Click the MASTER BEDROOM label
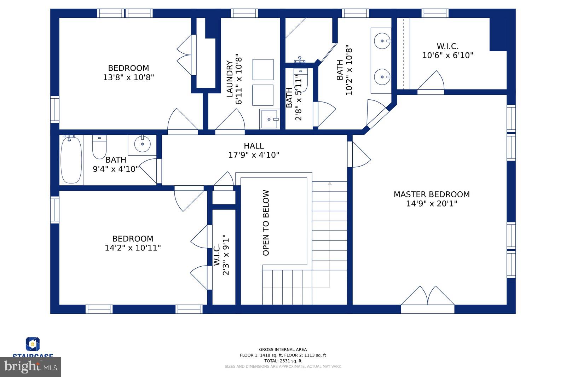(x=432, y=194)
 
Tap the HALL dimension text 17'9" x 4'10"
(x=254, y=155)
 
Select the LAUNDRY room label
(x=230, y=79)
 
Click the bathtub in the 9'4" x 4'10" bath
(x=71, y=160)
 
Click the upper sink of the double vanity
(x=382, y=41)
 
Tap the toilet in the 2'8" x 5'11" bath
(x=301, y=81)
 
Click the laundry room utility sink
(x=270, y=119)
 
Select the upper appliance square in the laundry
(x=263, y=70)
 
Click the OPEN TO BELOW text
(x=266, y=223)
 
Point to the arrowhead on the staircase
(x=330, y=184)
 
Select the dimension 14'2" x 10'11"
(x=133, y=248)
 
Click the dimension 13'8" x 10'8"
(x=128, y=77)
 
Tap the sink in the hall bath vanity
(x=143, y=144)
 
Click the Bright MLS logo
(x=31, y=367)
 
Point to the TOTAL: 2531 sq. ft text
(x=283, y=361)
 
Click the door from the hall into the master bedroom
(x=359, y=155)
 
